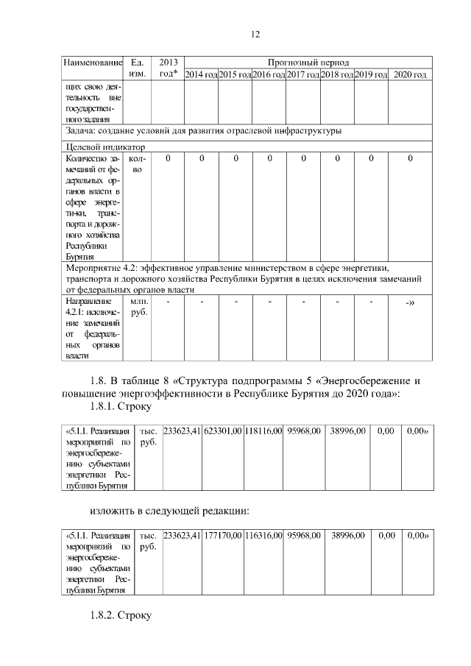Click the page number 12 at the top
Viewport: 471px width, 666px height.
pyautogui.click(x=255, y=35)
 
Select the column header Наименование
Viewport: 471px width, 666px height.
pyautogui.click(x=91, y=63)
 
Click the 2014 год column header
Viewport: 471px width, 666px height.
pyautogui.click(x=200, y=74)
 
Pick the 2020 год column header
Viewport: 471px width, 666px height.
pyautogui.click(x=410, y=74)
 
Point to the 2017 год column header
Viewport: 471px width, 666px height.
pyautogui.click(x=302, y=74)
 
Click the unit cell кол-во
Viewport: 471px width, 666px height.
pyautogui.click(x=137, y=163)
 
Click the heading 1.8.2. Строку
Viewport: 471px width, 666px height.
pyautogui.click(x=119, y=615)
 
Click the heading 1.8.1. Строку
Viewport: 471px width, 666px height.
pyautogui.click(x=119, y=405)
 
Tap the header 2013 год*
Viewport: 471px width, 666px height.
pyautogui.click(x=169, y=68)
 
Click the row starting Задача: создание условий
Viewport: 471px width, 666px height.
pyautogui.click(x=199, y=131)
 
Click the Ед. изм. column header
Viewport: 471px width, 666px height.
pyautogui.click(x=137, y=68)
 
